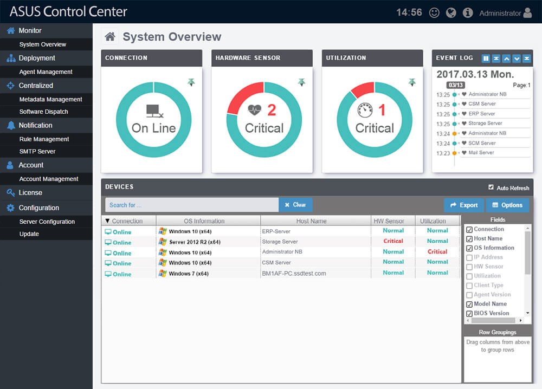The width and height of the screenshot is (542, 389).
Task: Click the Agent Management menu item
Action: (x=46, y=72)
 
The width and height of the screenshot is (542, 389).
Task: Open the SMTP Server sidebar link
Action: (x=37, y=151)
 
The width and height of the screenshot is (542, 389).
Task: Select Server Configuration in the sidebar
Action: (x=47, y=222)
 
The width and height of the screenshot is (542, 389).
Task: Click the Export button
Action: (x=463, y=205)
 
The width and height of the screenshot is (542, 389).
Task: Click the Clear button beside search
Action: (x=295, y=205)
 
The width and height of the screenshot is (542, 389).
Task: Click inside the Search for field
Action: (x=192, y=205)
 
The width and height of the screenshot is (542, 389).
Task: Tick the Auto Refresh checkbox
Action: (x=491, y=187)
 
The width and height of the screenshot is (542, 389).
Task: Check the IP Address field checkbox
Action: (x=469, y=257)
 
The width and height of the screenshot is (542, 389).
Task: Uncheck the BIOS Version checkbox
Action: (x=469, y=313)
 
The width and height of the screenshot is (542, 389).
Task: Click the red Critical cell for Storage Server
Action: (x=393, y=241)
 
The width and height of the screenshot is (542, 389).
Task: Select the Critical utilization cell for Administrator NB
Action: (x=437, y=251)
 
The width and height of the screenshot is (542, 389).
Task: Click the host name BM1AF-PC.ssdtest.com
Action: (x=294, y=274)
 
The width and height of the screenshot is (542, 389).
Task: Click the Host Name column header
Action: (x=311, y=221)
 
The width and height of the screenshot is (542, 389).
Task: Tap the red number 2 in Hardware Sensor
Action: (x=272, y=111)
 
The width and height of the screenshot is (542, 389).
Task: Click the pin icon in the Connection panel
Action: (x=191, y=82)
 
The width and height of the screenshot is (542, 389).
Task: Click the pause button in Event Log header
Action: (x=486, y=58)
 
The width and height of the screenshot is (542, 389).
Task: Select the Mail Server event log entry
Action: (x=481, y=153)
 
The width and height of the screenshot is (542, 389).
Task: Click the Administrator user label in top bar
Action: (x=500, y=13)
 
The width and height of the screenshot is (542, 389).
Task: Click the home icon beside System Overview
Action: (x=110, y=37)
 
